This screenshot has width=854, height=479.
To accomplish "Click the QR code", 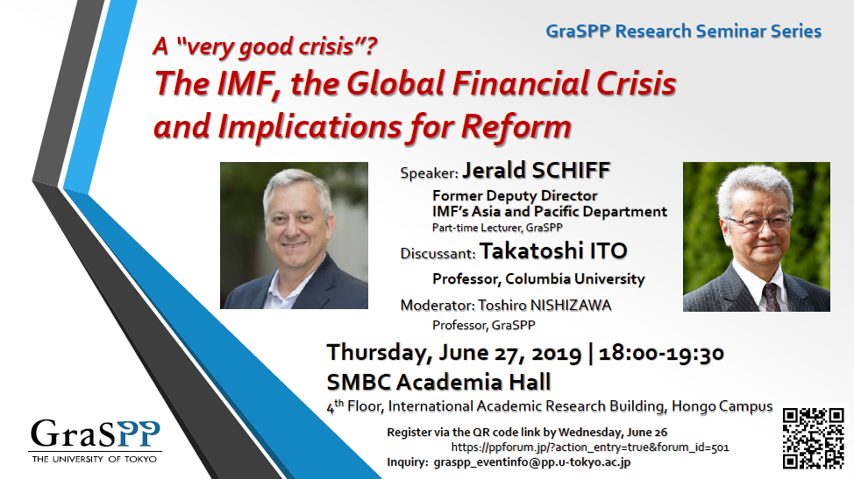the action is (x=813, y=438).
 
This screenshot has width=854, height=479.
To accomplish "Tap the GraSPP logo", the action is (x=96, y=441).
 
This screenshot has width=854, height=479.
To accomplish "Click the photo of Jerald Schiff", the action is (x=294, y=236).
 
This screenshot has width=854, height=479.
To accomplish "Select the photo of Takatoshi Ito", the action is (x=757, y=236).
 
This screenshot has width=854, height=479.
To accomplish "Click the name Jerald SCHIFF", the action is (x=536, y=170).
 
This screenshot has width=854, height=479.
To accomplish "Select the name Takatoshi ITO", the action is (x=552, y=251).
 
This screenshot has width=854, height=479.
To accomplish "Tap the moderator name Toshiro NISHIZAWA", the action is (x=544, y=305).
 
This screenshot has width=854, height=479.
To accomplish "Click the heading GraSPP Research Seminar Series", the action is (x=684, y=31).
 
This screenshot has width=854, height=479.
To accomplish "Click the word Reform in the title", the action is (x=516, y=127).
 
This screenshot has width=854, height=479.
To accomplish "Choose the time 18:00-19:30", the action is (x=661, y=353).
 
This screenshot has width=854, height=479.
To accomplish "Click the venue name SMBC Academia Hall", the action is (x=439, y=382).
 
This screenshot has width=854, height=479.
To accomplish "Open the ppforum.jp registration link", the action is (x=590, y=447).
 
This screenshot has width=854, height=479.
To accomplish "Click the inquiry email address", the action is (x=532, y=462).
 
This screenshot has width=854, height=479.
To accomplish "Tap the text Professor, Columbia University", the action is (x=538, y=279).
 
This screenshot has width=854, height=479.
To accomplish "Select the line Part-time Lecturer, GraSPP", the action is (x=497, y=228).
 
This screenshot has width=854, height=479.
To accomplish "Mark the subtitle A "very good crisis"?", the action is (x=266, y=46).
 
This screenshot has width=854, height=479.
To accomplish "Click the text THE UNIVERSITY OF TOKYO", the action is (x=94, y=460).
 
